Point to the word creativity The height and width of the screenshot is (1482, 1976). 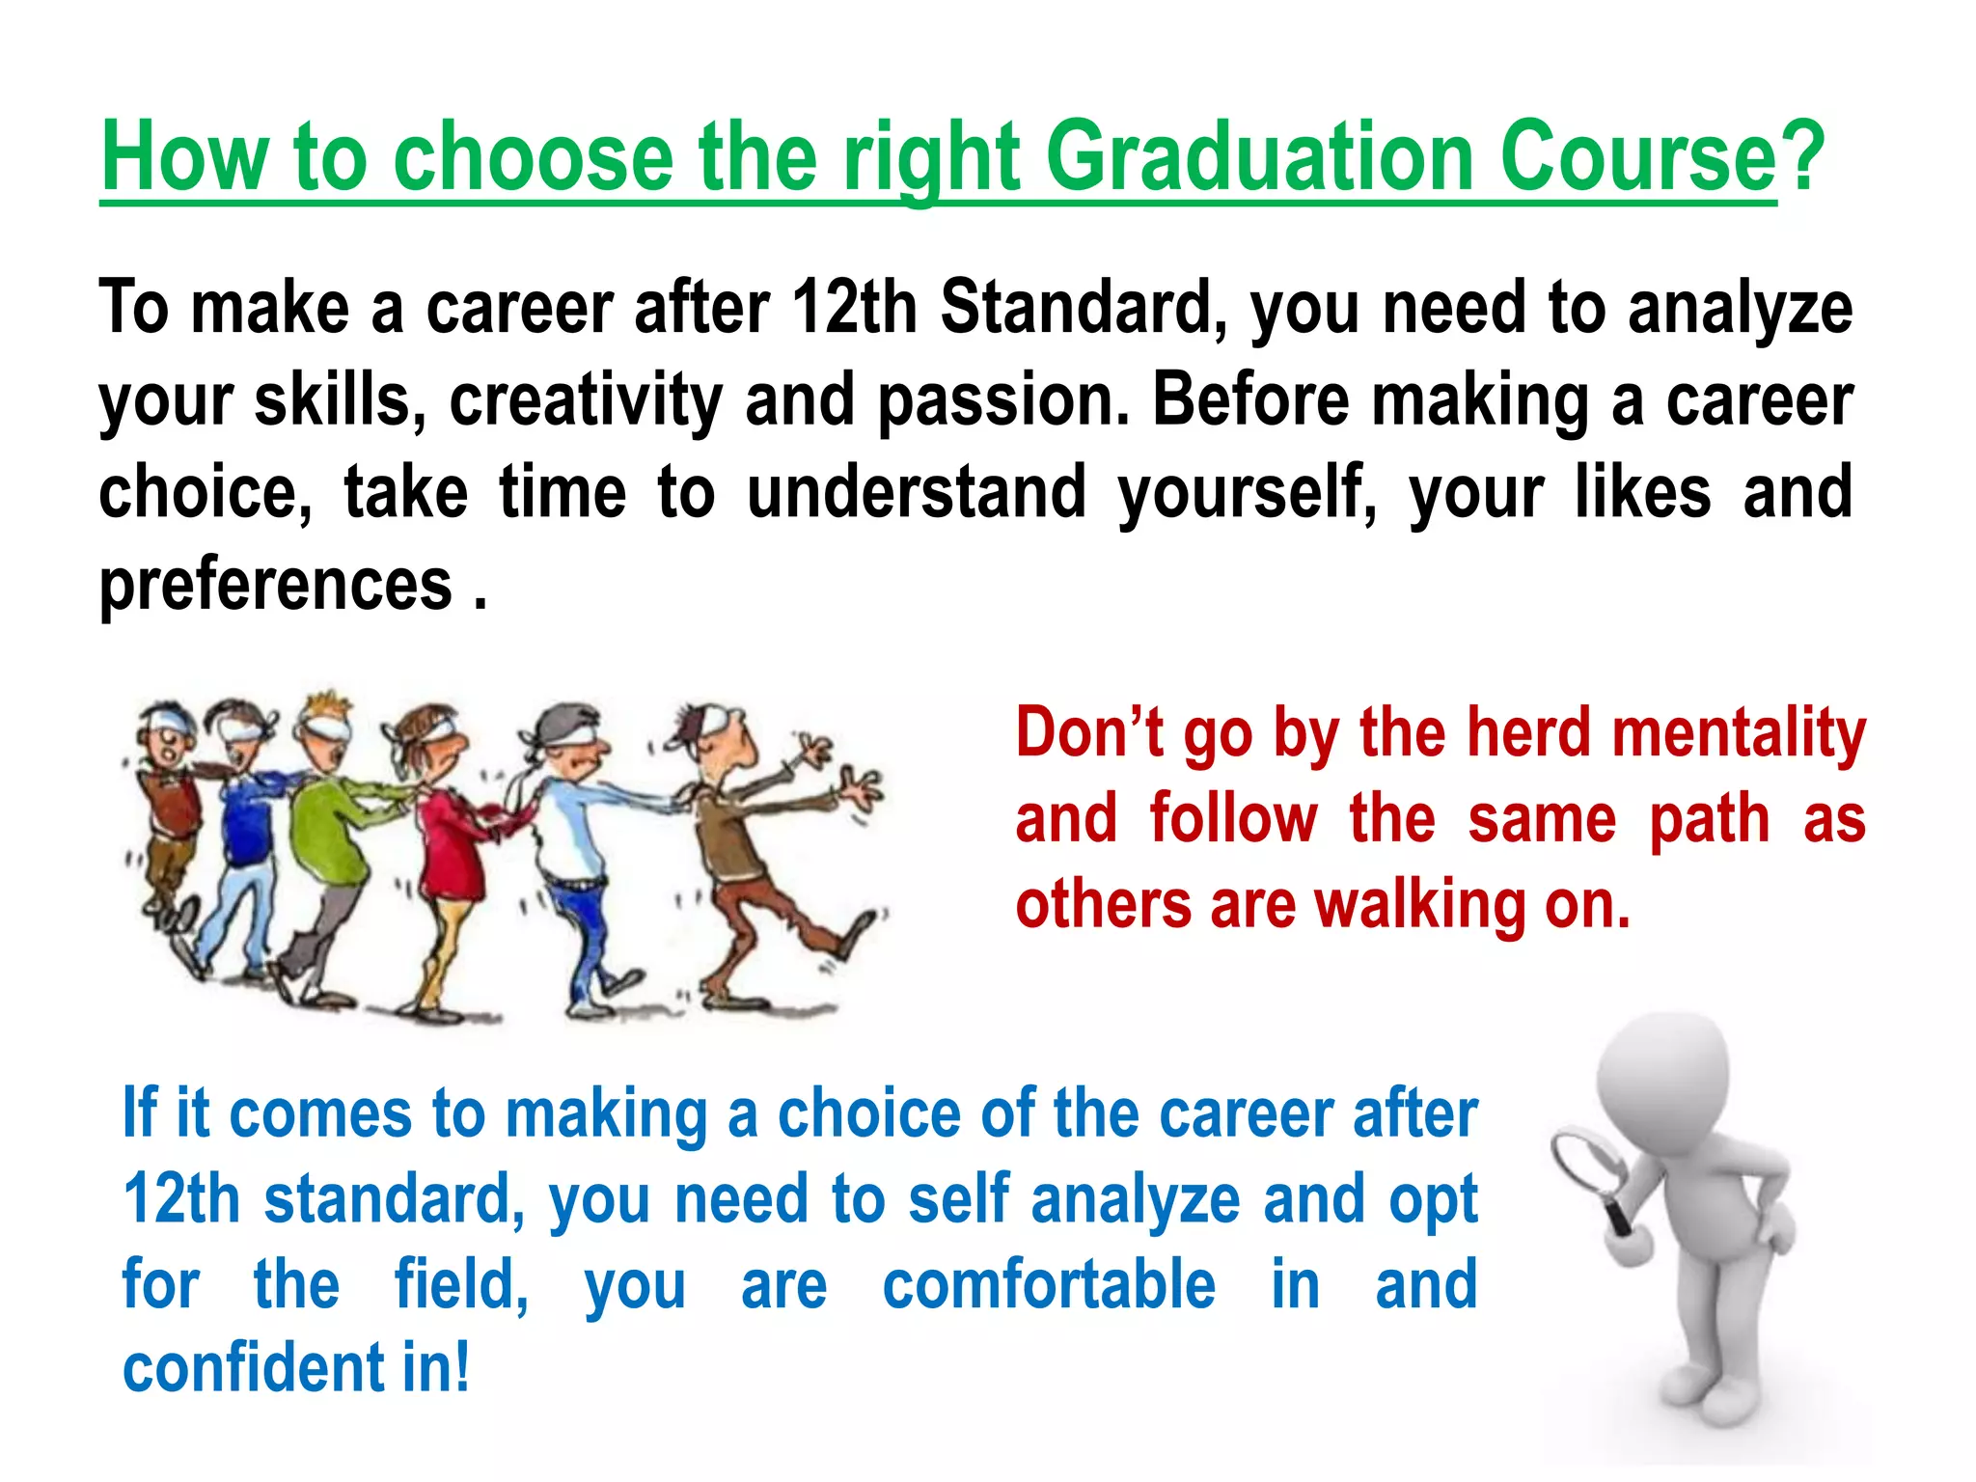[585, 400]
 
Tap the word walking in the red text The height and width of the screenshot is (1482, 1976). [1420, 907]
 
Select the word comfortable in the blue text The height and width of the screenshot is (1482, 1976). [1049, 1285]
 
